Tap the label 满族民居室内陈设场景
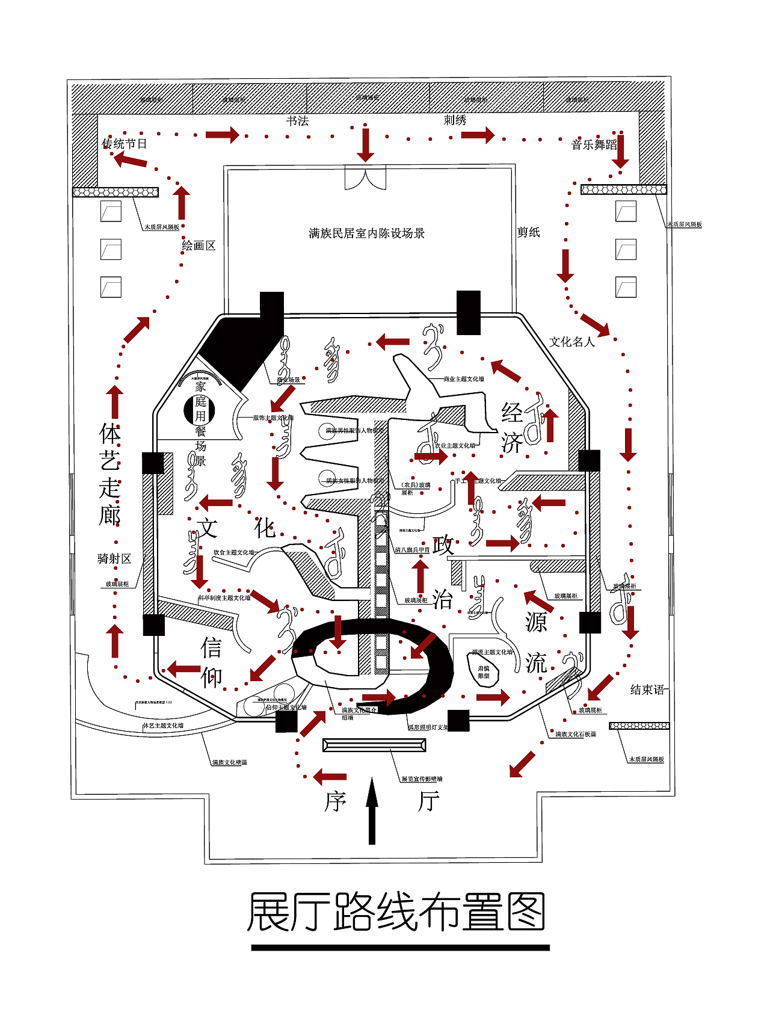[366, 233]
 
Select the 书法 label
[297, 121]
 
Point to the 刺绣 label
[455, 120]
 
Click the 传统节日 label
[125, 144]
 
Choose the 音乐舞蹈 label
[594, 145]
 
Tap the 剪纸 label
[529, 232]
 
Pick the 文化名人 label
[571, 342]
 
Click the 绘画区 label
[199, 245]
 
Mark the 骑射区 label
[114, 559]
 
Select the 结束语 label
[647, 690]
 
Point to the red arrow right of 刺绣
[478, 135]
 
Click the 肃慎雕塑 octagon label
[484, 672]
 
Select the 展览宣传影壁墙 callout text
[422, 779]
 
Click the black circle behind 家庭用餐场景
[199, 410]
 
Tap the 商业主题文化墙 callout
[463, 380]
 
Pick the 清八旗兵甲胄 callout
[412, 550]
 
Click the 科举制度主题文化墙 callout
[224, 598]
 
